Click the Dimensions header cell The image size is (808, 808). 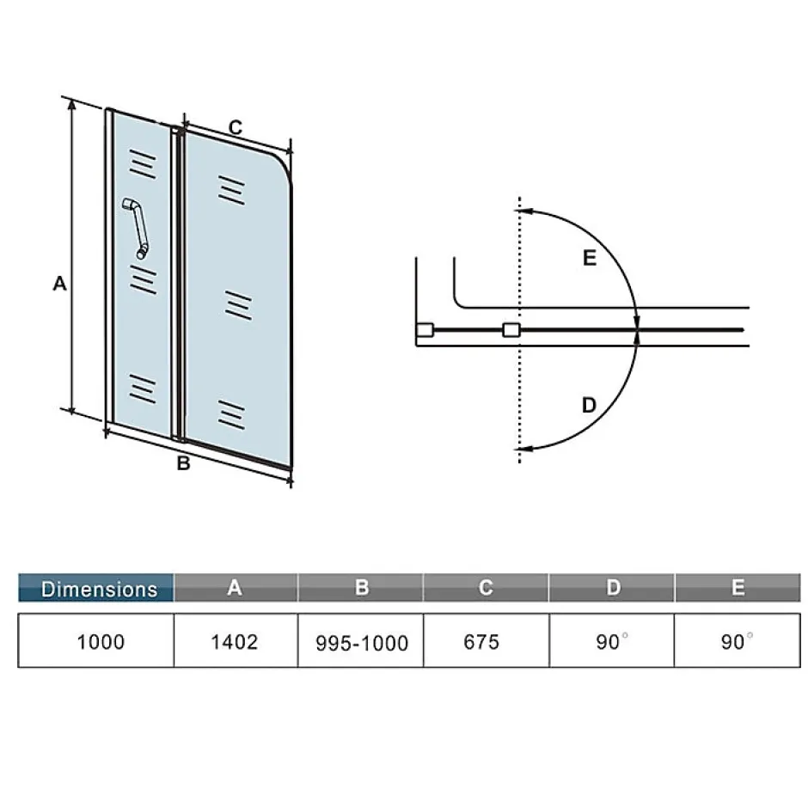pyautogui.click(x=96, y=587)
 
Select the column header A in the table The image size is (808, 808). pyautogui.click(x=236, y=587)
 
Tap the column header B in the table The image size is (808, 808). pyautogui.click(x=361, y=587)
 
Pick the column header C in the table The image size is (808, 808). pyautogui.click(x=486, y=587)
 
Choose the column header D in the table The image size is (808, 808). pyautogui.click(x=612, y=587)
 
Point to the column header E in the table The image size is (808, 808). pyautogui.click(x=738, y=587)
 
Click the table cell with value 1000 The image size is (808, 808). pyautogui.click(x=96, y=640)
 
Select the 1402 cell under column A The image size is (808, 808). pyautogui.click(x=236, y=640)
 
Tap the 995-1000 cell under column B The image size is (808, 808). pyautogui.click(x=361, y=640)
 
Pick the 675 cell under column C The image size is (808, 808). pyautogui.click(x=487, y=640)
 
